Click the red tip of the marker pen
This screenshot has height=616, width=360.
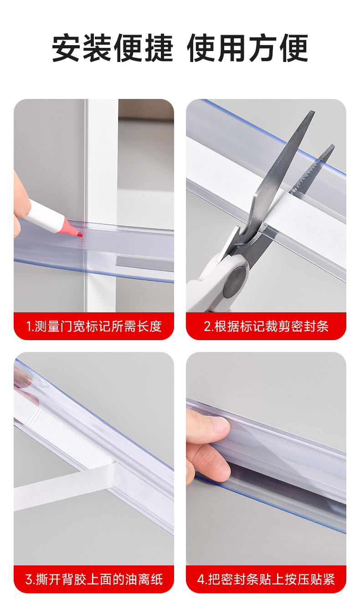pyautogui.click(x=80, y=234)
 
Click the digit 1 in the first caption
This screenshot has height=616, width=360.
pyautogui.click(x=29, y=326)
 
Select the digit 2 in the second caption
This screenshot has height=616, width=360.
pyautogui.click(x=207, y=326)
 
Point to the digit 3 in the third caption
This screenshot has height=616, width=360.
pyautogui.click(x=29, y=580)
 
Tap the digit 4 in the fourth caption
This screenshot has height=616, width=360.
pyautogui.click(x=201, y=580)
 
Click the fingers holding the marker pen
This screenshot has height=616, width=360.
pyautogui.click(x=21, y=203)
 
